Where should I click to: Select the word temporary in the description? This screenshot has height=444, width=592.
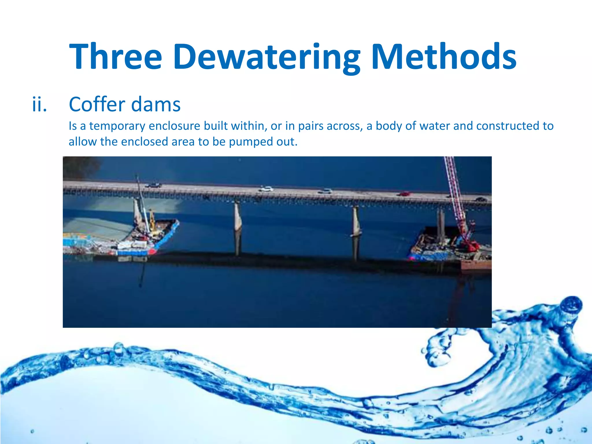[117, 126]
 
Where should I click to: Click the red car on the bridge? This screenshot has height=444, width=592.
[404, 194]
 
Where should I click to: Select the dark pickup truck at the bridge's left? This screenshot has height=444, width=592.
[153, 185]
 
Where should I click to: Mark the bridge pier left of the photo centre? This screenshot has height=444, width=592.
[238, 220]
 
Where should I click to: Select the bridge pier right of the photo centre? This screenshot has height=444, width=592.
[356, 221]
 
